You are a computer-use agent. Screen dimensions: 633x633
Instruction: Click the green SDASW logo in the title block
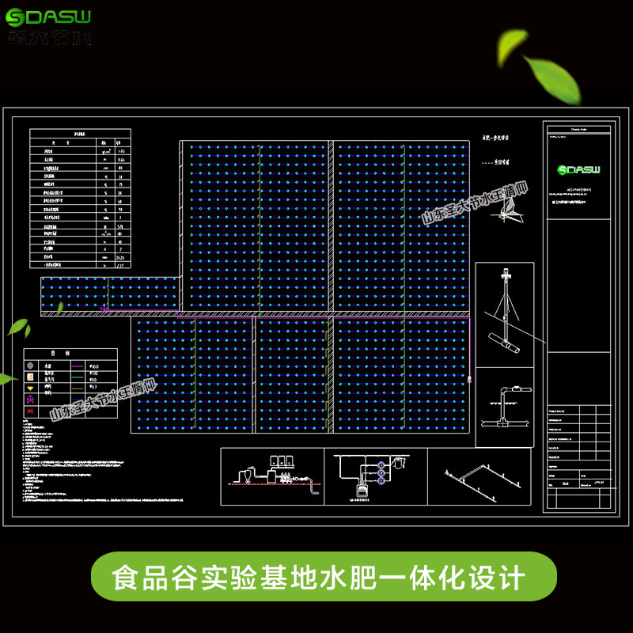click(x=578, y=169)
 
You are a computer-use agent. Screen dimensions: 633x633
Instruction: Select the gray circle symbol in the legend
click(x=30, y=366)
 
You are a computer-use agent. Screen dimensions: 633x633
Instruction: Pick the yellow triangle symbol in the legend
click(x=30, y=389)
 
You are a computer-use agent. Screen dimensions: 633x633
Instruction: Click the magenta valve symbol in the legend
click(x=30, y=400)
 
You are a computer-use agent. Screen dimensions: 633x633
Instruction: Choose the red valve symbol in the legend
click(x=30, y=412)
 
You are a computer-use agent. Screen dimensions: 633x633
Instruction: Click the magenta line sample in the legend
click(x=77, y=366)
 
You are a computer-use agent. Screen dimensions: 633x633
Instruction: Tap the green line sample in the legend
click(x=77, y=378)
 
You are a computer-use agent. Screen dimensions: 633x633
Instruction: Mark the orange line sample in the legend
click(x=77, y=389)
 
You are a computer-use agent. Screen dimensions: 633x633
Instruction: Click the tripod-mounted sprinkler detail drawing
click(x=504, y=309)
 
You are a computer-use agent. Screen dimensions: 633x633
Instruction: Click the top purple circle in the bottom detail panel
click(x=381, y=464)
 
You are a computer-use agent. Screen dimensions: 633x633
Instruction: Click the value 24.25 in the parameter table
click(x=121, y=256)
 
